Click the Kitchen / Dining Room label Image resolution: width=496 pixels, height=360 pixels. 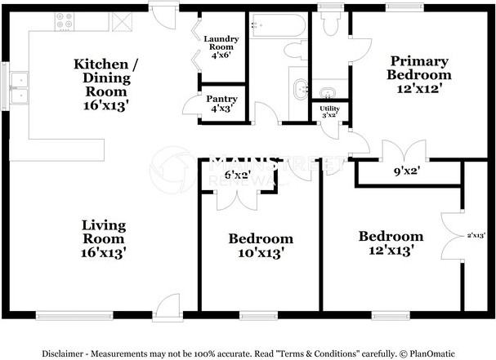point(101,83)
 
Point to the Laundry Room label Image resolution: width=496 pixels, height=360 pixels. point(221,48)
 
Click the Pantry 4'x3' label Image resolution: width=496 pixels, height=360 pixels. point(220,103)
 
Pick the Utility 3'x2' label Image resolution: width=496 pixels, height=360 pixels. point(330,112)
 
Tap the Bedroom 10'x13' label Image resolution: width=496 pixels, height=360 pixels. point(261,246)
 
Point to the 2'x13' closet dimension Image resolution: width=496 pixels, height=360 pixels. point(476,235)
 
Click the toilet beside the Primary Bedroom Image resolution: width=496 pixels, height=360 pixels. point(331,25)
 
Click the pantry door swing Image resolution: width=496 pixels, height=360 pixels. point(191,105)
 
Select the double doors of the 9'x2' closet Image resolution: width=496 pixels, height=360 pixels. point(400,153)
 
